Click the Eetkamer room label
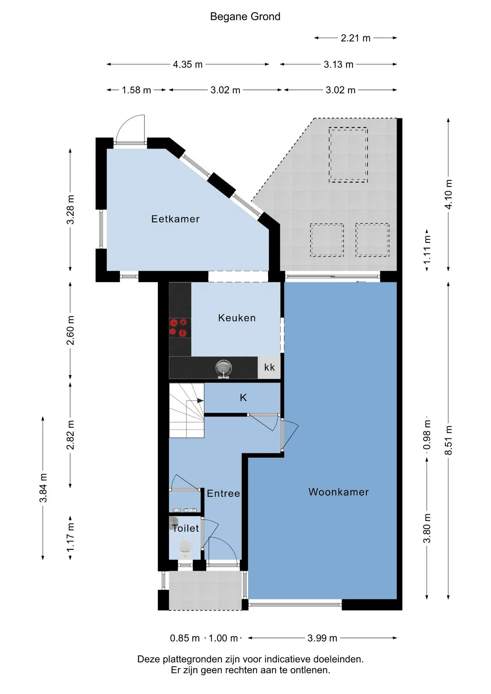coord(175,219)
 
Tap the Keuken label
coord(237,318)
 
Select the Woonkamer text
coord(339,492)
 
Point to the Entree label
coord(223,493)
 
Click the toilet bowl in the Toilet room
coord(185,548)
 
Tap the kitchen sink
coord(223,369)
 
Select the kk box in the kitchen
coord(269,368)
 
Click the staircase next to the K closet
coord(187,410)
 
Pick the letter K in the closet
coord(243,398)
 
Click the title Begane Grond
coord(245,17)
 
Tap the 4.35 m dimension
coord(188,64)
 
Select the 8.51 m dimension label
coord(448,440)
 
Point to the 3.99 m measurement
coord(323,638)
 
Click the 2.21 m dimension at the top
coord(356,38)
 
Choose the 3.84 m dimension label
coord(43,488)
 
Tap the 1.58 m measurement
coord(136,90)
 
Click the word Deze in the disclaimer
coord(149,659)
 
